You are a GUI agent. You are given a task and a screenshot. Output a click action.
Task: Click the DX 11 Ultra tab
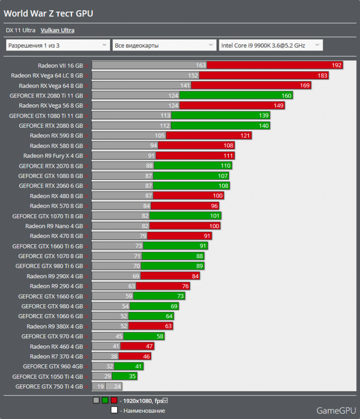pos(21,30)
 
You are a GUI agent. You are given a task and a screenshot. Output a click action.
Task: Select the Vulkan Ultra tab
pos(58,30)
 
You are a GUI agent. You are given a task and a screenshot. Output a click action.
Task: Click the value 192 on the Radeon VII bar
pos(336,65)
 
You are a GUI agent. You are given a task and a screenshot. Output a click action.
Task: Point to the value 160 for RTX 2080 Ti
pos(286,96)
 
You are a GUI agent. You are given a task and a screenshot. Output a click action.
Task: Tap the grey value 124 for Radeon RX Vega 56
pos(173,106)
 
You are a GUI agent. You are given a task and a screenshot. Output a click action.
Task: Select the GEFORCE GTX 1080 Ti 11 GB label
pos(46,116)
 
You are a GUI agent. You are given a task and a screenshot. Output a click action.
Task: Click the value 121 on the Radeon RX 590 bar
pos(245,136)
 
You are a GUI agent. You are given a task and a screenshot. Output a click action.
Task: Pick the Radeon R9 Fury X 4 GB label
pos(53,156)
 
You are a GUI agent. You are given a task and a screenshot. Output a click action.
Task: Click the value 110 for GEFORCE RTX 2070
pos(226,166)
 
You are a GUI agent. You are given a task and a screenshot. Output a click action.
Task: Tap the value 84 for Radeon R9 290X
pos(195,276)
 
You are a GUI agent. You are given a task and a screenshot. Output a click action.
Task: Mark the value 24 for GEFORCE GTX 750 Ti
pos(118,386)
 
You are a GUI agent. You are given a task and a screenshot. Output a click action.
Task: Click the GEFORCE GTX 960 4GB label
pos(53,366)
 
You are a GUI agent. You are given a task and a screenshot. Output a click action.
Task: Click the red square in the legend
pos(114,400)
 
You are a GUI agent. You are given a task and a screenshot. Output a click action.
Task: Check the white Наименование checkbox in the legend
pos(114,410)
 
